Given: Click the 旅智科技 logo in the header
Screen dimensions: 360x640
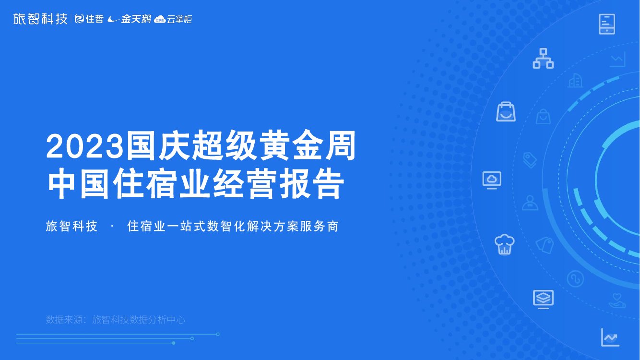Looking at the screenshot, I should [40, 19].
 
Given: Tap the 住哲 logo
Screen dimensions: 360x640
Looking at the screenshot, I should [89, 19].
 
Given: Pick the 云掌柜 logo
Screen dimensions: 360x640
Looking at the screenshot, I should [173, 19].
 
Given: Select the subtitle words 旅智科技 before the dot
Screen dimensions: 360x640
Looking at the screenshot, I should [71, 226].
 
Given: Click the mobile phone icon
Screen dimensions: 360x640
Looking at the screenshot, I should [607, 24].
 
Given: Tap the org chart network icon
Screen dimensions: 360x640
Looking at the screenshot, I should [543, 59].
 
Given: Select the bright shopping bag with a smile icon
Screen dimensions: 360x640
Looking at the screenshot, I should [506, 112].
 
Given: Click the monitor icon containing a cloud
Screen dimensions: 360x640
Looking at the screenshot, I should [492, 180].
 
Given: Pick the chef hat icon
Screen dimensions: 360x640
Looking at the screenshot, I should [504, 244].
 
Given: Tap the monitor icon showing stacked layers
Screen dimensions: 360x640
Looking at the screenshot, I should [543, 299].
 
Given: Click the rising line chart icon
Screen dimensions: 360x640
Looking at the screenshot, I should [610, 337].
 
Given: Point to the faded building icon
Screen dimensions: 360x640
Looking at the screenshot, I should [575, 81].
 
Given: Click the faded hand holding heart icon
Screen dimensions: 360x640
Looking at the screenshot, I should [617, 300].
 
